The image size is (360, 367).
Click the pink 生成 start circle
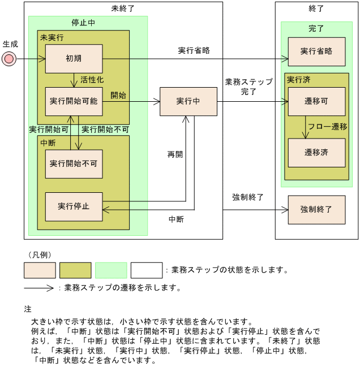tap(8, 58)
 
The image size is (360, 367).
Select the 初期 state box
tap(73, 58)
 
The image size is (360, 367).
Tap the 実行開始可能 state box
tap(73, 101)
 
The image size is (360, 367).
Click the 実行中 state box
tap(188, 101)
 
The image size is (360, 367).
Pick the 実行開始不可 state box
tap(73, 163)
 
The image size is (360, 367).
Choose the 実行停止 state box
tap(73, 206)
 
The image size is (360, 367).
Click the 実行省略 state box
tap(316, 51)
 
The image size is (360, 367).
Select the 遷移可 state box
tap(316, 101)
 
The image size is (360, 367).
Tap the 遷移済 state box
tap(316, 152)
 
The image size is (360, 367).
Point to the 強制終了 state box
tap(316, 209)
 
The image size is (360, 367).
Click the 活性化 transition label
tap(92, 80)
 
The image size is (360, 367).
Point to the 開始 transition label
tap(118, 95)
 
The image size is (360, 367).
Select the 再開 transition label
tap(175, 154)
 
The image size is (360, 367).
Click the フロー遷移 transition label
tap(328, 127)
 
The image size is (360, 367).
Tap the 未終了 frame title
tap(123, 9)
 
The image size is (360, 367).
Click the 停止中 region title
tap(83, 23)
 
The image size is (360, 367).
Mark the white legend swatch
tap(146, 270)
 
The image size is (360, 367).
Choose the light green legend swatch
tap(111, 270)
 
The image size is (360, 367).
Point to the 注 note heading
tap(27, 309)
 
